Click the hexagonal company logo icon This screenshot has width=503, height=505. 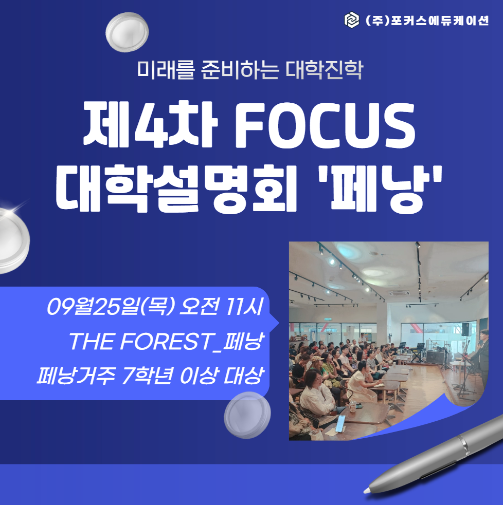click(x=351, y=20)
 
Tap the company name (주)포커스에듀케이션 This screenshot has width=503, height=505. click(x=427, y=20)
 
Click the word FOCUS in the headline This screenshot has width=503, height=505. click(x=325, y=125)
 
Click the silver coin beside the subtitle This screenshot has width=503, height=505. click(x=127, y=32)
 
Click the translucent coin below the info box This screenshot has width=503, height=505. click(x=247, y=415)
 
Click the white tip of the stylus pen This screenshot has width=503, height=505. click(x=367, y=491)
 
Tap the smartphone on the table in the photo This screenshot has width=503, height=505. click(x=340, y=423)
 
